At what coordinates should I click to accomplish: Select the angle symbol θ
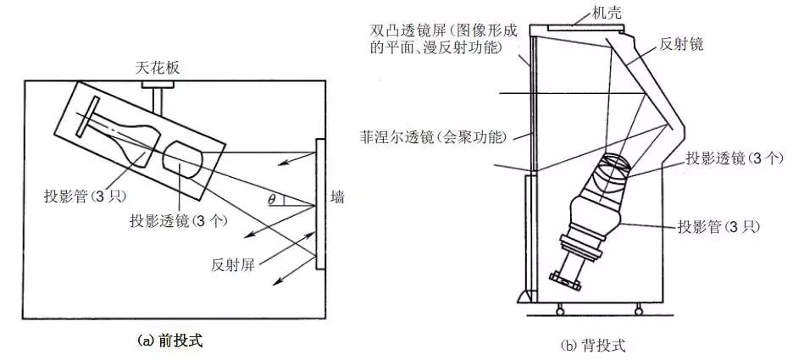tap(271, 199)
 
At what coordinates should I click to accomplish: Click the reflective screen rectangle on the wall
tap(320, 204)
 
